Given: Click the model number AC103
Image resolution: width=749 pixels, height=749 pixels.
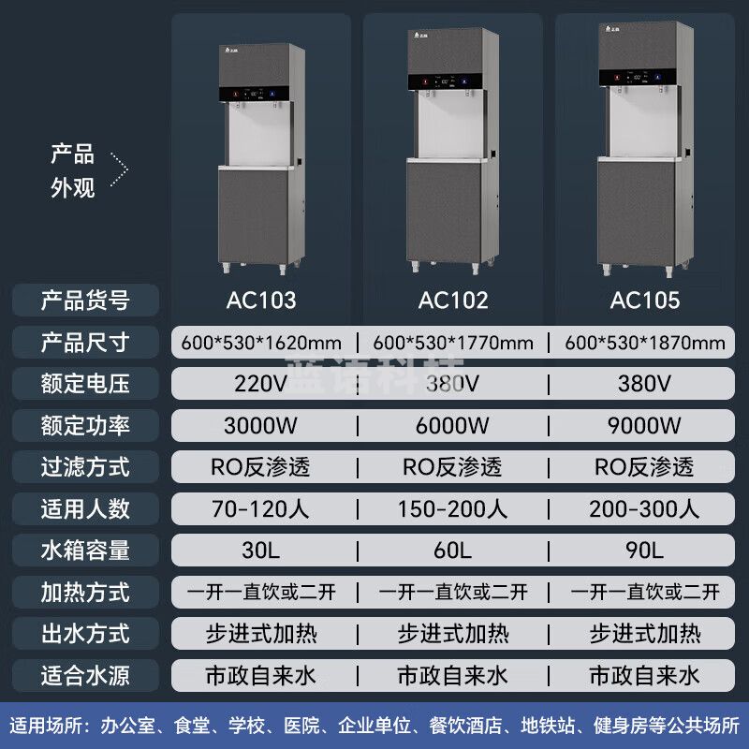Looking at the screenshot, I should (261, 301).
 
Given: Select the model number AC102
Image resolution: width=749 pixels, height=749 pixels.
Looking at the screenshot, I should (453, 301).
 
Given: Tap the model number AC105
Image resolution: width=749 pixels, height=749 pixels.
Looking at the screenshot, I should (645, 301).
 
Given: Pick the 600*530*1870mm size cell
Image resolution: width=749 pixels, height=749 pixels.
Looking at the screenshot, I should (645, 343).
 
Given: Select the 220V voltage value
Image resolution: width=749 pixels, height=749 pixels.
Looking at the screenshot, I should (261, 384).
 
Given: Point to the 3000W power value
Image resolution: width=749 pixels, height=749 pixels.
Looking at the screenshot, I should (261, 426).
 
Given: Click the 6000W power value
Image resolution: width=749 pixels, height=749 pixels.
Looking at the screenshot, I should (453, 426).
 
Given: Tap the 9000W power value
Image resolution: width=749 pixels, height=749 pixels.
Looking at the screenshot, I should (645, 426).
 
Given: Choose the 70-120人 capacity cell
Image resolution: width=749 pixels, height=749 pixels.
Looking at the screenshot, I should (261, 509).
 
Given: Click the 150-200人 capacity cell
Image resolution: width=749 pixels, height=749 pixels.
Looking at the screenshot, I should (453, 509).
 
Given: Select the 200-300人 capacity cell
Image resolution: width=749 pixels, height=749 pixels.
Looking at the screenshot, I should (645, 509).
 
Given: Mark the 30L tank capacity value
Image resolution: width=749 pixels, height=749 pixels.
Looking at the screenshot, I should (261, 551).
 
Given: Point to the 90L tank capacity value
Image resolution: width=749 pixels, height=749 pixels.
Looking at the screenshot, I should (645, 551).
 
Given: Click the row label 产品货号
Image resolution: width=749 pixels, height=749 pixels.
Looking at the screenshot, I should (85, 301).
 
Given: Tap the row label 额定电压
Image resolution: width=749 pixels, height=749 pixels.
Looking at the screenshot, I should (85, 384).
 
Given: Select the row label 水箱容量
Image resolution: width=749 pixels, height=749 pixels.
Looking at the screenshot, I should (85, 551).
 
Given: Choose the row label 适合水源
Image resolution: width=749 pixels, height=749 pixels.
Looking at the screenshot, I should (85, 675).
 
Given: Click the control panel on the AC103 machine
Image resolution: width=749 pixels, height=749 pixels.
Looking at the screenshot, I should (257, 94).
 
